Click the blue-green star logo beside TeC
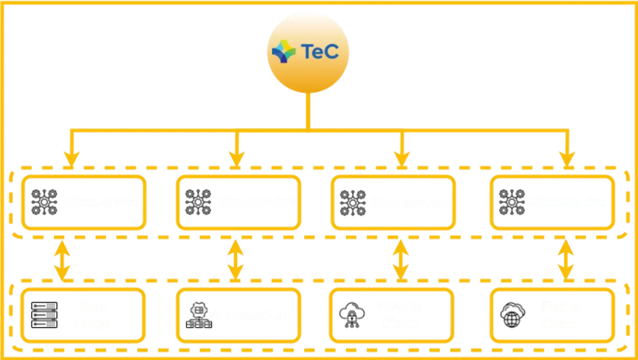pos(283,52)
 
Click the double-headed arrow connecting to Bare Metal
pos(62,260)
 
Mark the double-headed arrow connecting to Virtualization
pos(236,260)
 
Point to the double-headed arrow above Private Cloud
pos(401,260)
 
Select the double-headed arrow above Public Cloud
pos(566,260)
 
